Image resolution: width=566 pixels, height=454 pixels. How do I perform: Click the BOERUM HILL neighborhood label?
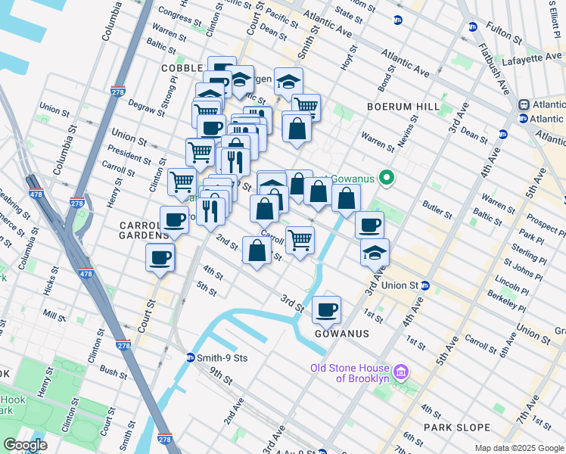click(x=403, y=107)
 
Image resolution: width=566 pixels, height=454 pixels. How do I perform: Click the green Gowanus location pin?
click(x=387, y=179)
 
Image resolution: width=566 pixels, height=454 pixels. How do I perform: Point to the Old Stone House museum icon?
click(x=401, y=372)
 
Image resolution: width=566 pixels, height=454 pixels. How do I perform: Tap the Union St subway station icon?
click(x=425, y=286)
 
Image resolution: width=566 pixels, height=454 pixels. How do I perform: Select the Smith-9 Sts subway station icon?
click(x=190, y=358)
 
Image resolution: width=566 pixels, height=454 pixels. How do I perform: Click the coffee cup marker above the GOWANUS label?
click(x=326, y=309)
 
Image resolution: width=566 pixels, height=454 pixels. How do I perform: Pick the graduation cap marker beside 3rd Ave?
click(x=375, y=253)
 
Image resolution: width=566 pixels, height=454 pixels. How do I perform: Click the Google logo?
click(x=25, y=445)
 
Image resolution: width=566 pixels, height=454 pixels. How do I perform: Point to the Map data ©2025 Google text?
click(x=519, y=448)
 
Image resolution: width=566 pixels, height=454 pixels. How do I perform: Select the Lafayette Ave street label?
click(x=530, y=57)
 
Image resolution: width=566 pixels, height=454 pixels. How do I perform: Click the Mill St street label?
click(x=54, y=313)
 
